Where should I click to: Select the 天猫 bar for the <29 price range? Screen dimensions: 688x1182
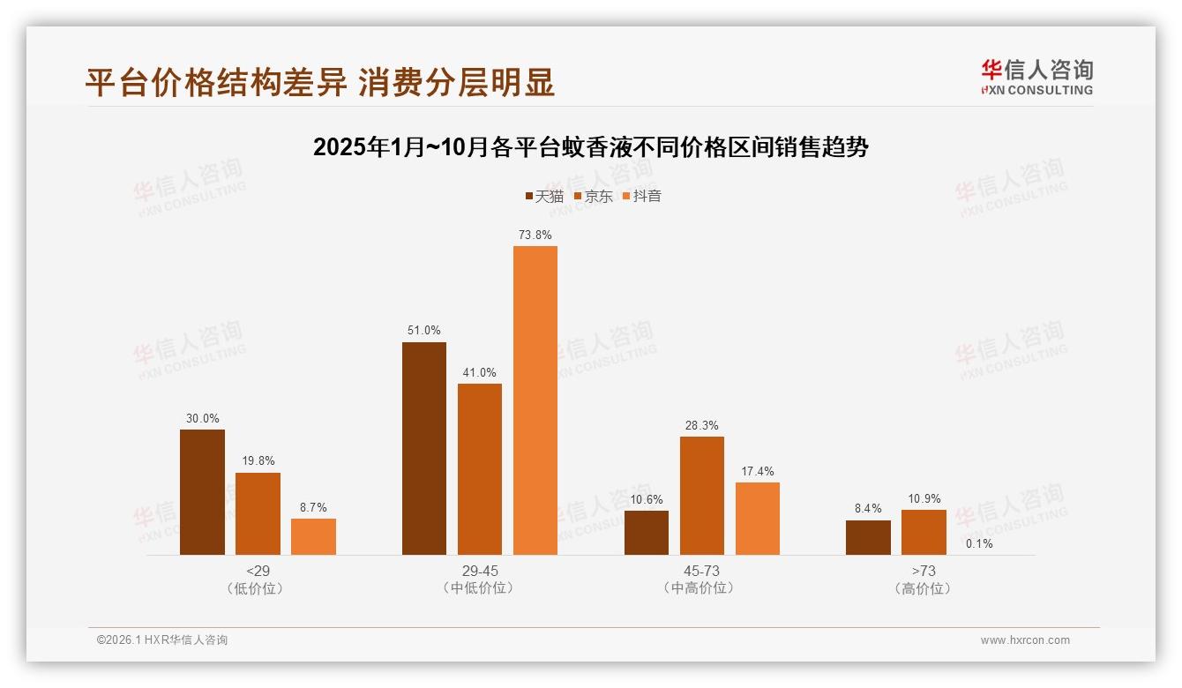coord(202,491)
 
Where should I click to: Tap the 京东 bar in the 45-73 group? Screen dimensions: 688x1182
coord(701,495)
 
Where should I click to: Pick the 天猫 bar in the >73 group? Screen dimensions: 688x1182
coord(868,537)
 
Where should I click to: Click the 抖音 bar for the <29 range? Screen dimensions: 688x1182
coord(313,536)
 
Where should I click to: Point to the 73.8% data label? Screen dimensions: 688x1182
coord(535,236)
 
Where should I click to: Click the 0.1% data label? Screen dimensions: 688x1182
coord(978,543)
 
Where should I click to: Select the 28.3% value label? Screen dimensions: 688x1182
coord(702,426)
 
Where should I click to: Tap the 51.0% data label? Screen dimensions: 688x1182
coord(424,331)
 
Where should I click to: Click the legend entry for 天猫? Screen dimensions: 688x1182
coord(544,196)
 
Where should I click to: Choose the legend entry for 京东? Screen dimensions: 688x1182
coord(593,196)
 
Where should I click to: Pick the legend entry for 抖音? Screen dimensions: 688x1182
coord(642,196)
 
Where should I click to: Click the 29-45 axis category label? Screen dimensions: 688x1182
coord(480,571)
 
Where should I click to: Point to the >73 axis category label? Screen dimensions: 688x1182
coord(924,571)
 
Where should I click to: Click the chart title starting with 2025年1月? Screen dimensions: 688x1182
coord(591,147)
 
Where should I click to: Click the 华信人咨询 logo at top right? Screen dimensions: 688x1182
coord(1036,77)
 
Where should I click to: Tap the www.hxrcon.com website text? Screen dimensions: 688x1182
coord(1025,640)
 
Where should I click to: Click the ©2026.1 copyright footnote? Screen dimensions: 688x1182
coord(162,640)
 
